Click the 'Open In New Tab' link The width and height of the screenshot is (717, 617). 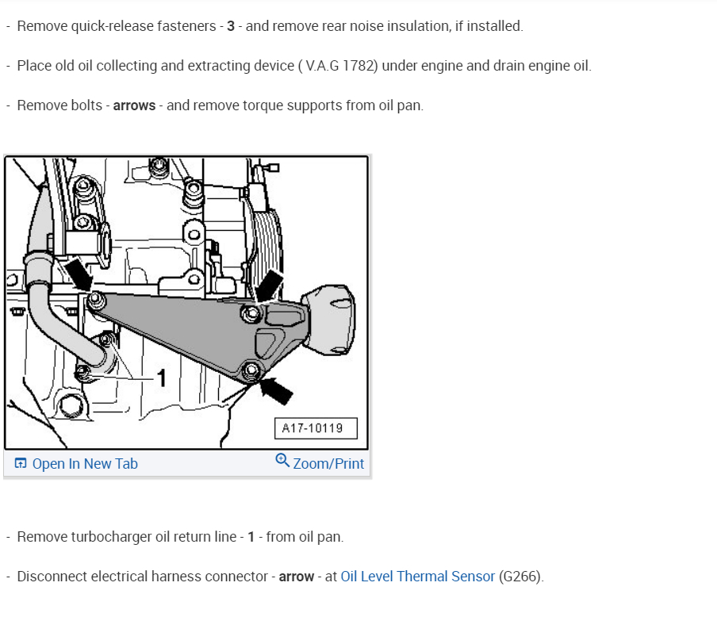(85, 464)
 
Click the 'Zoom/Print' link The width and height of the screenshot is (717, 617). (328, 464)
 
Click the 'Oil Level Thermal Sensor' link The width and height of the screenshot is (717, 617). (418, 577)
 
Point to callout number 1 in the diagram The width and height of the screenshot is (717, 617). (161, 379)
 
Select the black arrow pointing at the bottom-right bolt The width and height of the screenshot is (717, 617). (278, 389)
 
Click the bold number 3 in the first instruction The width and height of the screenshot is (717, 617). (231, 26)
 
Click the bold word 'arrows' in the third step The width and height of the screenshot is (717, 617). (134, 105)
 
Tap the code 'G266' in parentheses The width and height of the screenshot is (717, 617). (520, 577)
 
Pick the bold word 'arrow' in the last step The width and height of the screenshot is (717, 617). (297, 577)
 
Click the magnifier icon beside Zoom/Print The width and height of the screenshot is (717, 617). (282, 461)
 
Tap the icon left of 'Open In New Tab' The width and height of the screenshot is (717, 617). (21, 464)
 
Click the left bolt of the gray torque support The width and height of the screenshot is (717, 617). (97, 300)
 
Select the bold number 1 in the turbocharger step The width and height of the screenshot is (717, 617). (251, 537)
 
